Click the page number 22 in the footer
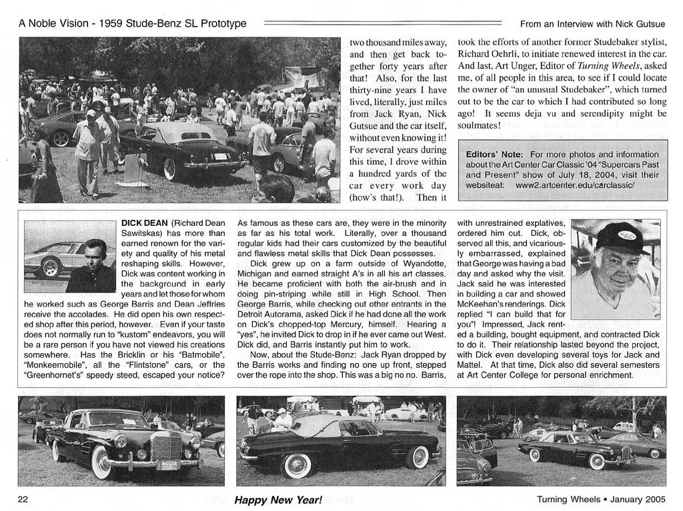[x=23, y=500]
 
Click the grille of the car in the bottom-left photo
[x=166, y=446]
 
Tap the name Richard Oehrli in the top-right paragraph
[x=488, y=54]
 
